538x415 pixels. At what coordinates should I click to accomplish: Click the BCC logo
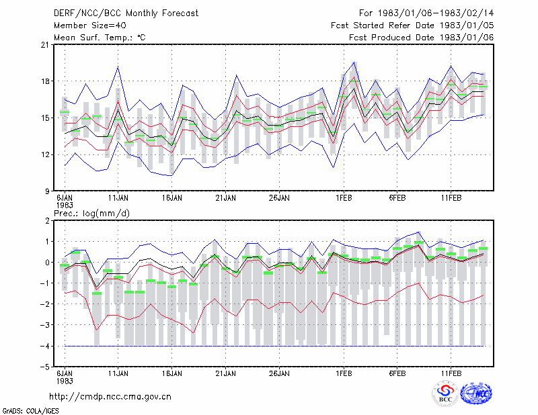445,394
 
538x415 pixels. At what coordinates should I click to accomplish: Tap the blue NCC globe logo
476,394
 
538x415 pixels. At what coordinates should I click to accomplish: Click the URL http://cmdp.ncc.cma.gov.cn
110,397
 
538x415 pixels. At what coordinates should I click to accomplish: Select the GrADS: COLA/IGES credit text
30,411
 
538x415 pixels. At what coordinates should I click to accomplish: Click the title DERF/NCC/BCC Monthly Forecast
126,13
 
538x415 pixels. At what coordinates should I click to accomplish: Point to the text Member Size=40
90,26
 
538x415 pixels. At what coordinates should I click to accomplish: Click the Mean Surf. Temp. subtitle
100,38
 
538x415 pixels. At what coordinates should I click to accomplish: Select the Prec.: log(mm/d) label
91,214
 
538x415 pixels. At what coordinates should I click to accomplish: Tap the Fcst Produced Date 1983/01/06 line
422,38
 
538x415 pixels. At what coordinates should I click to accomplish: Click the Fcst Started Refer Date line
412,26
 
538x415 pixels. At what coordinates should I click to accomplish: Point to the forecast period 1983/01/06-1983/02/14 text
426,13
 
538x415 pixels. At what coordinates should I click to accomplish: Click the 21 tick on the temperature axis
45,45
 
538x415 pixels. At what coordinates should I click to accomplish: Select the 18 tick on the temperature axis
45,81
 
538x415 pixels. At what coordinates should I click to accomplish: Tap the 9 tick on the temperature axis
47,191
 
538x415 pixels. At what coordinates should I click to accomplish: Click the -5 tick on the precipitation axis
44,367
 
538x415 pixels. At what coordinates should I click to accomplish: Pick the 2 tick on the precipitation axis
47,221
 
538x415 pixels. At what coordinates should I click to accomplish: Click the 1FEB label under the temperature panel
344,198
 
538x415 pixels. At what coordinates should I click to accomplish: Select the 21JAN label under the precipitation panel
225,373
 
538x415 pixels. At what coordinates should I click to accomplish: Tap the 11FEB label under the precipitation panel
451,373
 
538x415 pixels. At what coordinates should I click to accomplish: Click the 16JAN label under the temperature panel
172,198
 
